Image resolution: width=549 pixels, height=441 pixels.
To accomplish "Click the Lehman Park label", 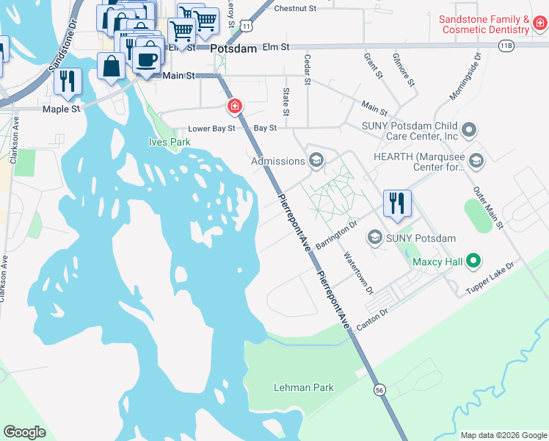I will (303, 387).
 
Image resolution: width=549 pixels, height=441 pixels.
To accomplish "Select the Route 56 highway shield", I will (379, 389).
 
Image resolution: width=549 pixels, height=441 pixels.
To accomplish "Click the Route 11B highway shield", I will (506, 46).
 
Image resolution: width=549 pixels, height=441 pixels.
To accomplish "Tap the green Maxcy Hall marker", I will (474, 260).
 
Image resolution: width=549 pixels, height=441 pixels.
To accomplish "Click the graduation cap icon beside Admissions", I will (316, 160).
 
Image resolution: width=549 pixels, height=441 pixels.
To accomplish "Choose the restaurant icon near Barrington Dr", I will (397, 202).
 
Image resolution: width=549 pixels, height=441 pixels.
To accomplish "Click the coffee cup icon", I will (147, 59).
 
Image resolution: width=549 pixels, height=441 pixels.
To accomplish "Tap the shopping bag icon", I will (111, 67).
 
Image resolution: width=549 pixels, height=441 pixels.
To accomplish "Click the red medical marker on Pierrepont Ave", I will (234, 107).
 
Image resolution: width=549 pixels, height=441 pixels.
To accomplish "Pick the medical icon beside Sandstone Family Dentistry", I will (539, 24).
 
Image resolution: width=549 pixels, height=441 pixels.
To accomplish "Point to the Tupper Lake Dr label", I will (491, 278).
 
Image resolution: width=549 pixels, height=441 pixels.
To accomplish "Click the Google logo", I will (25, 431).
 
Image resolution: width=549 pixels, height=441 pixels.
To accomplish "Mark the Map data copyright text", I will (503, 435).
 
